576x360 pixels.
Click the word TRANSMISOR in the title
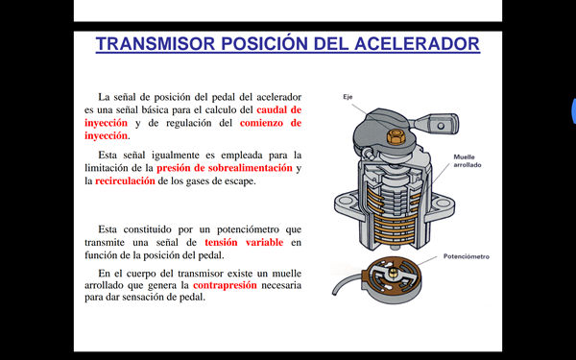(x=155, y=44)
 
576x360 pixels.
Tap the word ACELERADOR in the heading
(x=417, y=44)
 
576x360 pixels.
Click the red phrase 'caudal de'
(x=278, y=109)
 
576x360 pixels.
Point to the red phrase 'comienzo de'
(x=271, y=123)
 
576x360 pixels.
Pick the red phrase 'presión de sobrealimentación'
(x=225, y=168)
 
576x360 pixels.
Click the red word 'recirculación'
(x=125, y=181)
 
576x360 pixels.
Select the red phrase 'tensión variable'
(x=244, y=243)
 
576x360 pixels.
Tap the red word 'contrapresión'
(x=225, y=285)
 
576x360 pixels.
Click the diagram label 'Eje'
(x=348, y=97)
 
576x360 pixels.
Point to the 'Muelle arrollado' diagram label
(x=468, y=161)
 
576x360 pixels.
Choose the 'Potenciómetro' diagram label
(x=467, y=256)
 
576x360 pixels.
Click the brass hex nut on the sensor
(x=396, y=136)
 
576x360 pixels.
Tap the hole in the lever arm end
(x=441, y=126)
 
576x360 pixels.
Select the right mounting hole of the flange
(x=443, y=203)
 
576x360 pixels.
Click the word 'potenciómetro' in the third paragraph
(x=248, y=230)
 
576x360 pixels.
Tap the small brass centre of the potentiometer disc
(x=393, y=272)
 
